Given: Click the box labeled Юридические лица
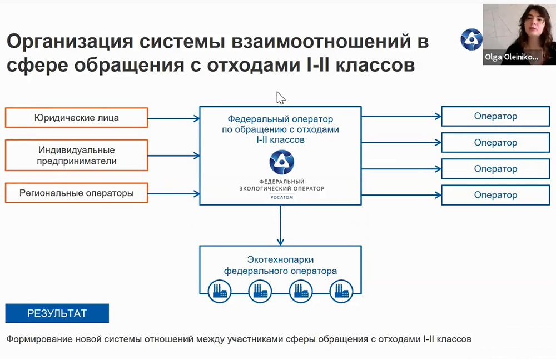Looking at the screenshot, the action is click(76, 118).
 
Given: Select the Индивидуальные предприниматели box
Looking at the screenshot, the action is click(76, 155).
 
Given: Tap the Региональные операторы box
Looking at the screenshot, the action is click(76, 193).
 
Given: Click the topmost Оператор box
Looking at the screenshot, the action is click(495, 116).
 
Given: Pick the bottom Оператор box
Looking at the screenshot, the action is click(495, 195).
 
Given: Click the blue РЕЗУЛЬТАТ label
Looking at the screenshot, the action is click(57, 313).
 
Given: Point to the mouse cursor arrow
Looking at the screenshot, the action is click(280, 98).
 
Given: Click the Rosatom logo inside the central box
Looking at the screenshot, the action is click(281, 162).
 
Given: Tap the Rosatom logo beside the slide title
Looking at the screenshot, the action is click(471, 39).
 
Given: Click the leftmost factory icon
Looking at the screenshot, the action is click(220, 291).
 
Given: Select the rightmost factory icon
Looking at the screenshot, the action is click(341, 291).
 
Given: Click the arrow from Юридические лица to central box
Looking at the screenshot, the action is click(173, 118).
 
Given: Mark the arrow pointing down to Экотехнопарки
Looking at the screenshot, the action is click(280, 226).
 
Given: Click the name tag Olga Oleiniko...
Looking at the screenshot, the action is click(512, 57).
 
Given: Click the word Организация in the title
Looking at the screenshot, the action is click(70, 42).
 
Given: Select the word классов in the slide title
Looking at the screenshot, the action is click(375, 65).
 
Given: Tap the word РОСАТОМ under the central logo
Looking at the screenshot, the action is click(281, 197).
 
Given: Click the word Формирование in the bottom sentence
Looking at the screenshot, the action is click(34, 339).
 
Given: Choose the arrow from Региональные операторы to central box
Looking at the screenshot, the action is click(173, 194).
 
